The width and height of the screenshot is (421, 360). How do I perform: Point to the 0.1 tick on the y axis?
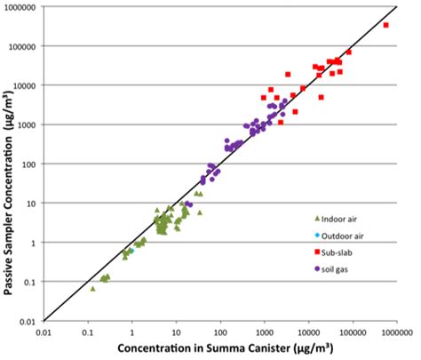(x=32, y=282)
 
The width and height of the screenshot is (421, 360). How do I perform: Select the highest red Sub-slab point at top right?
(x=385, y=25)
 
